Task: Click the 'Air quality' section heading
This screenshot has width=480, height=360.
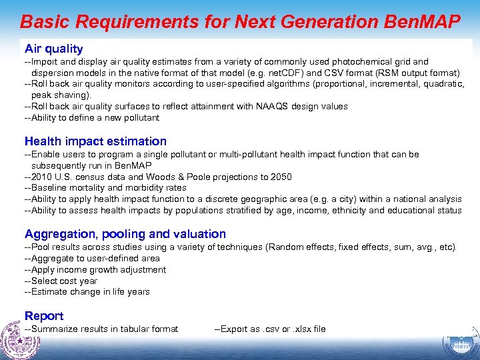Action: point(53,49)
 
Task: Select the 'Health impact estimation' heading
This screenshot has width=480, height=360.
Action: point(95,141)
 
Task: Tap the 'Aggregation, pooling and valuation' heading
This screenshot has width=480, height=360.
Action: point(125,234)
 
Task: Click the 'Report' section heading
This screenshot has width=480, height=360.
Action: point(44,315)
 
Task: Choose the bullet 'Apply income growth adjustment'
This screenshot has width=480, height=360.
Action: point(95,269)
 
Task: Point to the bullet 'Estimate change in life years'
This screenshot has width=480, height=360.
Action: point(87,291)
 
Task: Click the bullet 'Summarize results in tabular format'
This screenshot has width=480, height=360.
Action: point(101,329)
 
